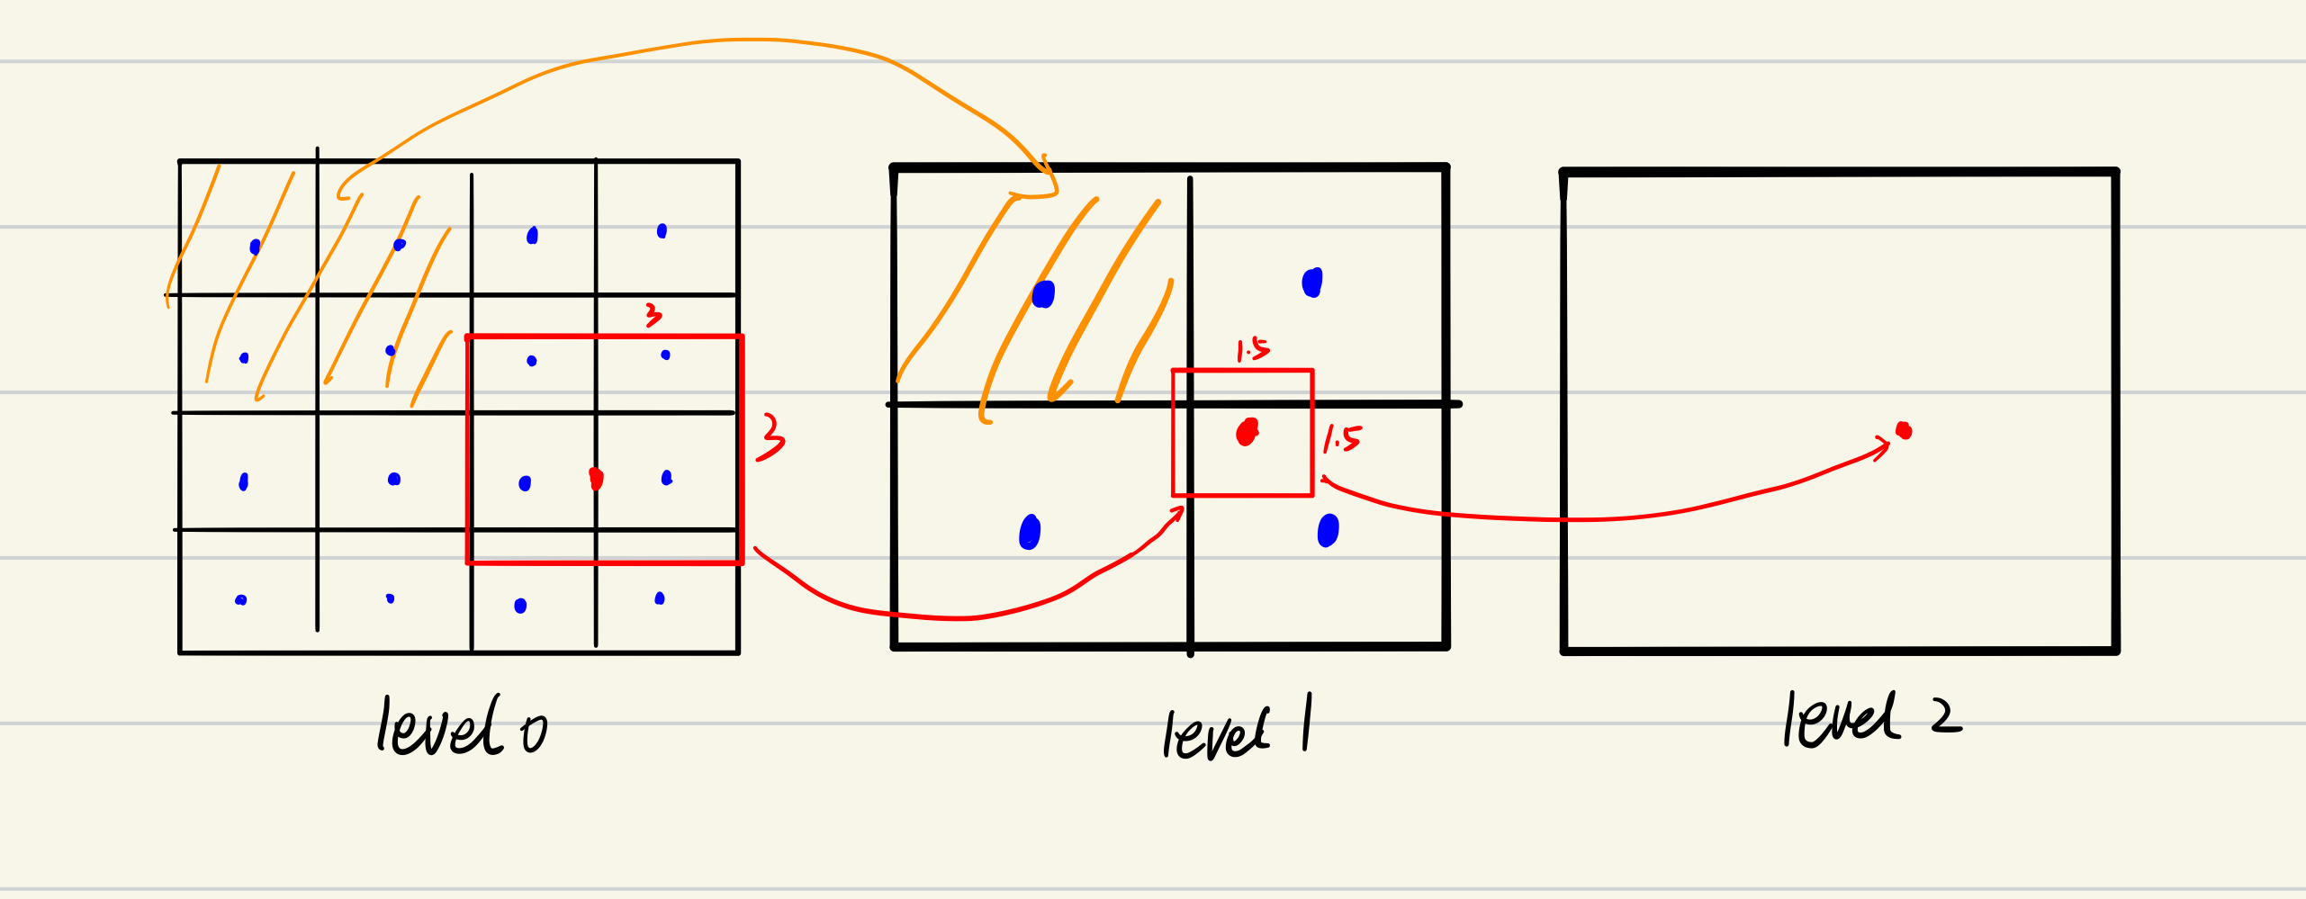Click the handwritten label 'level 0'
(461, 727)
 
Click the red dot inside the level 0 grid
(596, 478)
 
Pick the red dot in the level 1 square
(1247, 432)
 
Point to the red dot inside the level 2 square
(1903, 430)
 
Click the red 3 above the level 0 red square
(653, 315)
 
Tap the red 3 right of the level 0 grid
(770, 437)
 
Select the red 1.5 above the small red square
(1252, 349)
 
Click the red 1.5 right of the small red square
(1342, 438)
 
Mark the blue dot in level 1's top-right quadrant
(1312, 283)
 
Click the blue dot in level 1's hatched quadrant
(1043, 294)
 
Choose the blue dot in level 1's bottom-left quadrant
(1030, 532)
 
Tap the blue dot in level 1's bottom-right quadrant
(1328, 530)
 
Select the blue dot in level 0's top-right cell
(662, 231)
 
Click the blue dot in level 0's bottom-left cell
(240, 600)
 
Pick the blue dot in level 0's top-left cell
(255, 247)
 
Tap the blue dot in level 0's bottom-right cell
(660, 598)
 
